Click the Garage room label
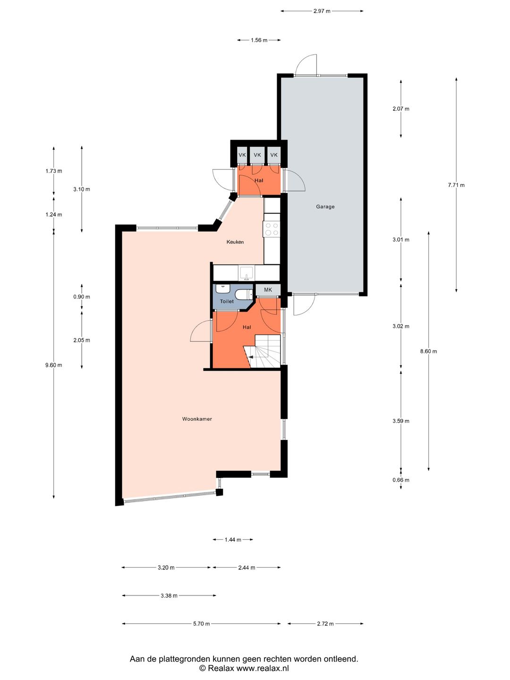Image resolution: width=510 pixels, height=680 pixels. click(325, 206)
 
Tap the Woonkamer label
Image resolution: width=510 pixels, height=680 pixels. click(197, 419)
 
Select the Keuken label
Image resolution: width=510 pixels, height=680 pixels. click(235, 242)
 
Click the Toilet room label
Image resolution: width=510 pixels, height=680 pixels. click(227, 301)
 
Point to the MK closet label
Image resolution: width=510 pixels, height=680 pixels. click(268, 290)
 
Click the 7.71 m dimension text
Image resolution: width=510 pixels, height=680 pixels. click(456, 185)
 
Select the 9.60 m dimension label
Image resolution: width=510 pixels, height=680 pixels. click(53, 365)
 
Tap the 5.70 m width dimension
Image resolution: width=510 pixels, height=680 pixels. click(201, 624)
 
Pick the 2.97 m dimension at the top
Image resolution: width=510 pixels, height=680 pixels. click(322, 11)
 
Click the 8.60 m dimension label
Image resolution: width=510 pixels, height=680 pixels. click(428, 351)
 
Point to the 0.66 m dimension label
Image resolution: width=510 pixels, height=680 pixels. click(401, 480)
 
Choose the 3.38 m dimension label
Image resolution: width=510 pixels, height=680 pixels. click(169, 596)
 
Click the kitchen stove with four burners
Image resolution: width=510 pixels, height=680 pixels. click(272, 229)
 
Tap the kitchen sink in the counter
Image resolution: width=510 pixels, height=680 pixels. click(246, 273)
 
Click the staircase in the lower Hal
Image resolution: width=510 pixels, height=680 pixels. click(264, 352)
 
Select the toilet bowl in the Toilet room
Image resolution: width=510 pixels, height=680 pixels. click(243, 295)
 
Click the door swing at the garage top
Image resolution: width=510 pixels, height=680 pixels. click(306, 65)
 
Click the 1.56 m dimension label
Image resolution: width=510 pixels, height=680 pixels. click(259, 40)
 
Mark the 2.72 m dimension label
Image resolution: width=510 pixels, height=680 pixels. click(325, 624)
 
